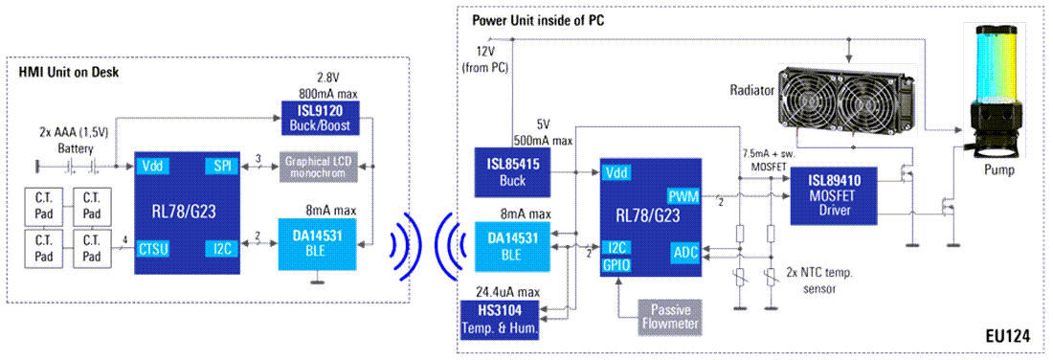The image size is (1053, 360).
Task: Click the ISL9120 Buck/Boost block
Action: (318, 117)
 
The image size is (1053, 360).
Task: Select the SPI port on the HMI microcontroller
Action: (221, 167)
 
